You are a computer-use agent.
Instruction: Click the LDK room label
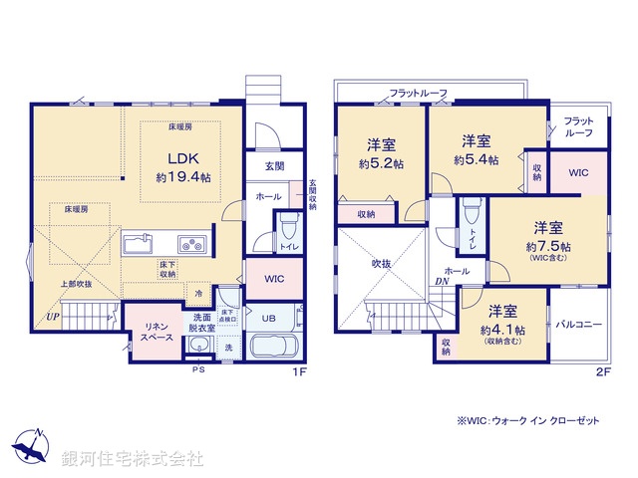pos(182,159)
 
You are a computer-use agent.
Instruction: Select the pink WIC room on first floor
pos(273,280)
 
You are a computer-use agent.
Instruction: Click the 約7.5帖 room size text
pos(550,245)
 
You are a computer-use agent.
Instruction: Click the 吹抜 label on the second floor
pos(383,264)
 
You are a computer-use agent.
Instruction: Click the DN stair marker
pos(440,282)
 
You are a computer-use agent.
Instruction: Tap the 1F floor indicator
pos(298,372)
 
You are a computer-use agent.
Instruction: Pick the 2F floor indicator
pos(601,372)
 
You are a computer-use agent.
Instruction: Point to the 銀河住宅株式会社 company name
pos(134,458)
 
